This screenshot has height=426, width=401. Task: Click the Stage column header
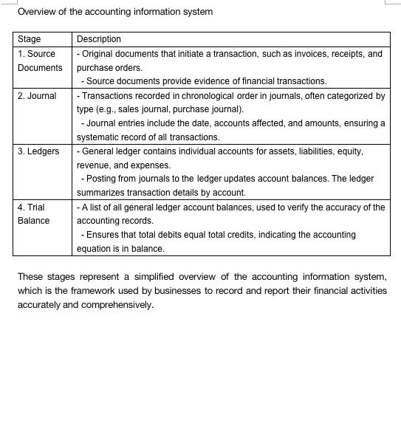[30, 39]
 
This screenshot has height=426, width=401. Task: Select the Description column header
[99, 39]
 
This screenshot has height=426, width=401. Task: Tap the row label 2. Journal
[37, 96]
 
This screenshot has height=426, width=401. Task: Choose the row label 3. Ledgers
[38, 151]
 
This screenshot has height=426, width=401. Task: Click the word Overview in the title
[36, 12]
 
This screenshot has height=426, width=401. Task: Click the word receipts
[349, 54]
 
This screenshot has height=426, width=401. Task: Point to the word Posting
[102, 179]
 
